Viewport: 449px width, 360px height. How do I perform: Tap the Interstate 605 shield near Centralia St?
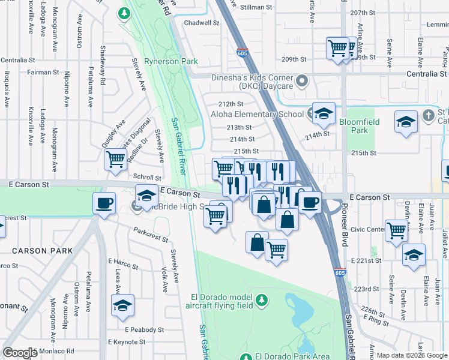point(242,53)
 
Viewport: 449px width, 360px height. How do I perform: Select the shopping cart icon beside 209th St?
point(339,48)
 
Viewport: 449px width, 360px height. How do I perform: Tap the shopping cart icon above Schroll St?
point(115,160)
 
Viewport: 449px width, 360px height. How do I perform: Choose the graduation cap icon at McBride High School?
point(146,196)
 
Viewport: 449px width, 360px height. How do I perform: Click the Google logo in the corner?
point(20,353)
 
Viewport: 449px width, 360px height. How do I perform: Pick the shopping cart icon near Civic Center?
point(397,230)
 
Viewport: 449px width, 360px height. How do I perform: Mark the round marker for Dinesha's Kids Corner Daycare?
point(302,80)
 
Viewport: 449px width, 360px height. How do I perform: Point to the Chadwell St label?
point(201,23)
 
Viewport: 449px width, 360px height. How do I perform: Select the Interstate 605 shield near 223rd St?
point(340,272)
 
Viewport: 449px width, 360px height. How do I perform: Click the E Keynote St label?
point(127,342)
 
